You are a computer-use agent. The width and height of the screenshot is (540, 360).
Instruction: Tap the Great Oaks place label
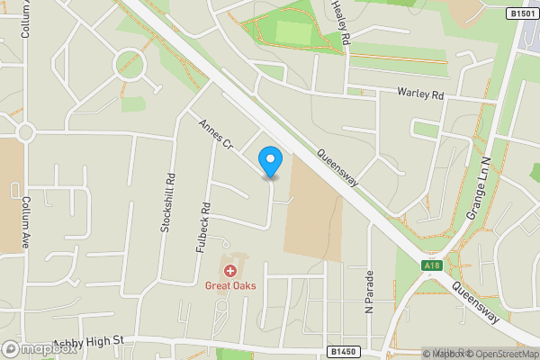coord(230,286)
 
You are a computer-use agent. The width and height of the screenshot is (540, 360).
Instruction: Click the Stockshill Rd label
coord(166,203)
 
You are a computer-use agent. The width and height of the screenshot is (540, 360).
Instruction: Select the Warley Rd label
coord(421,94)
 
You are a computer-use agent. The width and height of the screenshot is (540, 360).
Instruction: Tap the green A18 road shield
coord(432,265)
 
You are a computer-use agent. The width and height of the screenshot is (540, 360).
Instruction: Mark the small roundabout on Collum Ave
coord(23,133)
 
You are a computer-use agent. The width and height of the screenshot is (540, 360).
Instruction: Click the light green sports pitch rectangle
coord(293,32)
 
